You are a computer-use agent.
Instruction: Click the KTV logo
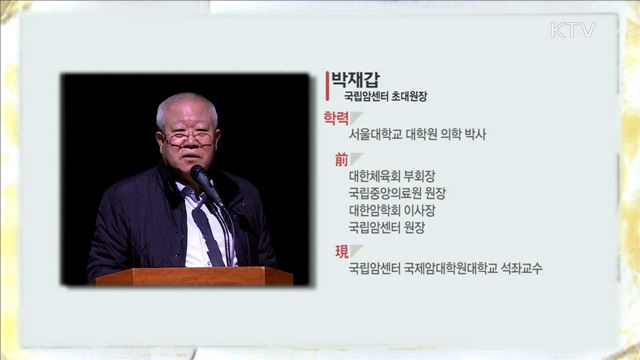click(x=572, y=29)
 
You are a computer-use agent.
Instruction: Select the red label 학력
click(x=336, y=117)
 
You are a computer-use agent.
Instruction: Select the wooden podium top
click(x=194, y=275)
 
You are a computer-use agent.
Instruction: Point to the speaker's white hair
click(x=185, y=104)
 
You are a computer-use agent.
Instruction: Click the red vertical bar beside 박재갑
click(x=328, y=87)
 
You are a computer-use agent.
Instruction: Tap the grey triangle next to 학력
click(x=357, y=117)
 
